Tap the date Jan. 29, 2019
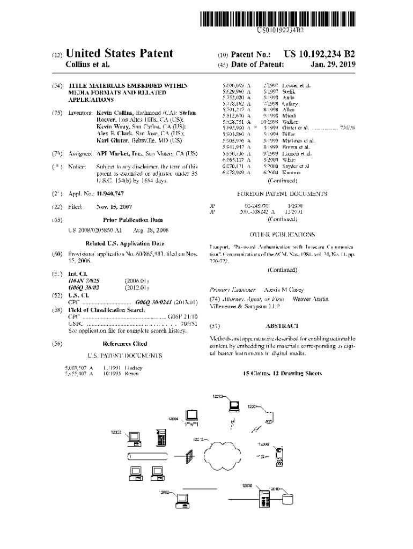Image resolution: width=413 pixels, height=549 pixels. (x=333, y=65)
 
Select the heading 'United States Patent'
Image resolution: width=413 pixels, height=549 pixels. (x=119, y=53)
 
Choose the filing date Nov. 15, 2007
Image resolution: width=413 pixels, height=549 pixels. (x=114, y=206)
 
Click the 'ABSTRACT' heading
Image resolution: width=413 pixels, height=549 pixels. (x=282, y=325)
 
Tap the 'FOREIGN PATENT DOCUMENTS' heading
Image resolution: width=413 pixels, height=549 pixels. (x=282, y=194)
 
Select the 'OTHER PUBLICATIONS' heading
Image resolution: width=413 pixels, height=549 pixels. (x=282, y=234)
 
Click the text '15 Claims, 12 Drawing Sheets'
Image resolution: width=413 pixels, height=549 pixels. (x=282, y=373)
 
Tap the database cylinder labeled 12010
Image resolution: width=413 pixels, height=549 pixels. (x=288, y=499)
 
